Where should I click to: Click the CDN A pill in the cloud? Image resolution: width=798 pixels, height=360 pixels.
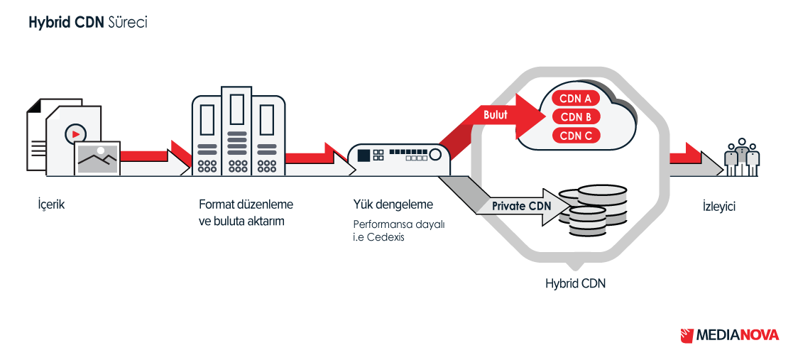pos(576,98)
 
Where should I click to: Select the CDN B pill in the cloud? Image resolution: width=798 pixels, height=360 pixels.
pos(576,116)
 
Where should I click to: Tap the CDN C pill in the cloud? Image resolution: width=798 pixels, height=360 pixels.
pos(576,136)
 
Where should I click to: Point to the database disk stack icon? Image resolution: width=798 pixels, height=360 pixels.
pos(593,212)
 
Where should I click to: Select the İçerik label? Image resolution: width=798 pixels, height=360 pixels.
pos(52,206)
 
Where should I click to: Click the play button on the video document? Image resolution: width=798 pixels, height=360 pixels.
pos(75,134)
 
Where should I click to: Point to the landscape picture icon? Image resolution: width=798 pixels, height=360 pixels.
pos(97,158)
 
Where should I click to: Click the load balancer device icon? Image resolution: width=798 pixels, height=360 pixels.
pos(400,159)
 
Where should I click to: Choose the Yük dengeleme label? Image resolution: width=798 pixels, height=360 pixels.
pos(393,204)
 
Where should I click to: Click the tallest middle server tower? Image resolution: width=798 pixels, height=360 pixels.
pos(236,131)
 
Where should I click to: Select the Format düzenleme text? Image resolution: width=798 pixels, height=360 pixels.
pos(246,205)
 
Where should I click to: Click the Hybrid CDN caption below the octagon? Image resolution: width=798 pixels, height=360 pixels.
pos(576,283)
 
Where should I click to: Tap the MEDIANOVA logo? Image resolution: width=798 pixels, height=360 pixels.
pos(730,335)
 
